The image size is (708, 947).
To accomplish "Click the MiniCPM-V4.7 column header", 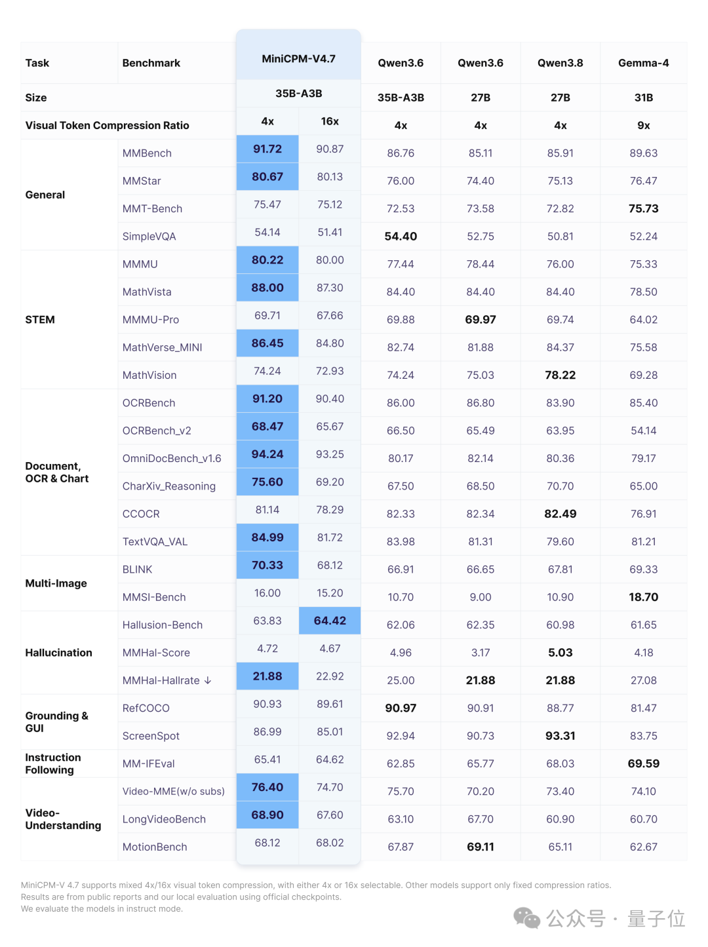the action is (x=298, y=59).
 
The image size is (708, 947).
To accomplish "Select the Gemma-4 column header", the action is (x=643, y=63).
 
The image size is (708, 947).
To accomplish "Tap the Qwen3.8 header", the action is (x=560, y=63).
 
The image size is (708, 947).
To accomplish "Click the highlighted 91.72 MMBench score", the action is (x=267, y=149).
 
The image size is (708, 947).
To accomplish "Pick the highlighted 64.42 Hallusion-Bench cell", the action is (x=330, y=621).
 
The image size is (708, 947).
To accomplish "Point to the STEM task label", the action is (x=40, y=320).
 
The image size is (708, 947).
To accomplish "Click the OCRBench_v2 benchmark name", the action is (x=157, y=431).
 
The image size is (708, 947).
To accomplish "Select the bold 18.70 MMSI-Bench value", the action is (x=643, y=596).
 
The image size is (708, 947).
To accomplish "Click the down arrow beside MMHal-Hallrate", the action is (x=208, y=680).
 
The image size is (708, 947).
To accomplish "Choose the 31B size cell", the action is (x=643, y=98).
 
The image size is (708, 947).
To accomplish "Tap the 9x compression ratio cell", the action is (x=643, y=126).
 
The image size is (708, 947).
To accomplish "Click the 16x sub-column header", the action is (x=330, y=121).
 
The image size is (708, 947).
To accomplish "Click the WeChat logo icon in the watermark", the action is (x=526, y=918).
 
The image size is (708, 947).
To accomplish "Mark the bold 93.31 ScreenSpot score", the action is (x=560, y=735).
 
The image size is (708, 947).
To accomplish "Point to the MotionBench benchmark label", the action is (x=155, y=847).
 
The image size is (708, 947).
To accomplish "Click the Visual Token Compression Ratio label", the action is (x=107, y=126).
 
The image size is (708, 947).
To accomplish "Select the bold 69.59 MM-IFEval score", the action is (x=643, y=763).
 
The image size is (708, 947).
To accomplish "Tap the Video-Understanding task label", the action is (x=63, y=819).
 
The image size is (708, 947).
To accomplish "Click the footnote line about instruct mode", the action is (x=102, y=908).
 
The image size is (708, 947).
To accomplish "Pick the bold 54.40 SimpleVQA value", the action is (x=401, y=236).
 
